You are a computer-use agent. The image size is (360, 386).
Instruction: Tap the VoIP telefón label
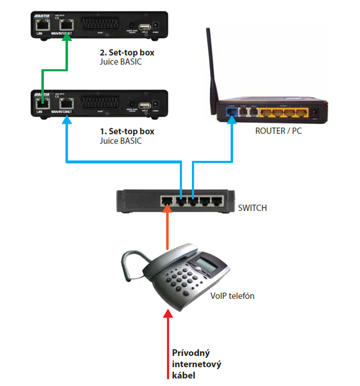tap(232, 295)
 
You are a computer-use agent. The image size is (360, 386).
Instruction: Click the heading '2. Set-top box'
tap(126, 52)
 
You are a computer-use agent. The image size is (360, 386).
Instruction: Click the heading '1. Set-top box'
tap(126, 131)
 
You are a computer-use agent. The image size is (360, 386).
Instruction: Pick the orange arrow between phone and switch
tap(167, 228)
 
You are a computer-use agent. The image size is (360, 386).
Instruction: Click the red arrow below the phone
tap(168, 342)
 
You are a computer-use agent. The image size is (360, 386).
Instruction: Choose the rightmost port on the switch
tap(217, 201)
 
